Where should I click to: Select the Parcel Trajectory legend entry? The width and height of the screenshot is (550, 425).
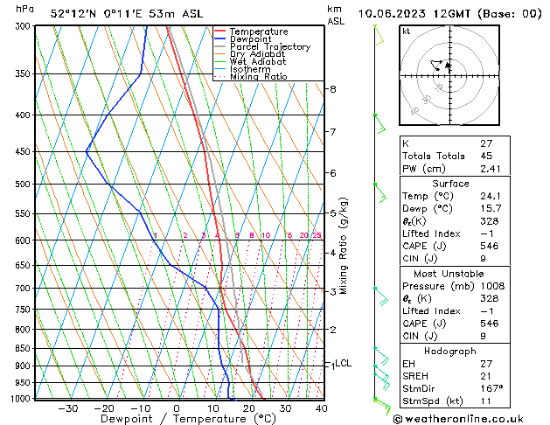[269, 47]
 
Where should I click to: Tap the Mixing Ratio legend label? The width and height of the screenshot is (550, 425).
[258, 77]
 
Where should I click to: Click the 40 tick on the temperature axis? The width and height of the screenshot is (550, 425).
[321, 408]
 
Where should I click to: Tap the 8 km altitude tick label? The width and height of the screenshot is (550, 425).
[332, 89]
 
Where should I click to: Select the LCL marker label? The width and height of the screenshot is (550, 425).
[343, 363]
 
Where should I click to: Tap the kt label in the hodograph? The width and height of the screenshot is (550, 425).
[406, 31]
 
